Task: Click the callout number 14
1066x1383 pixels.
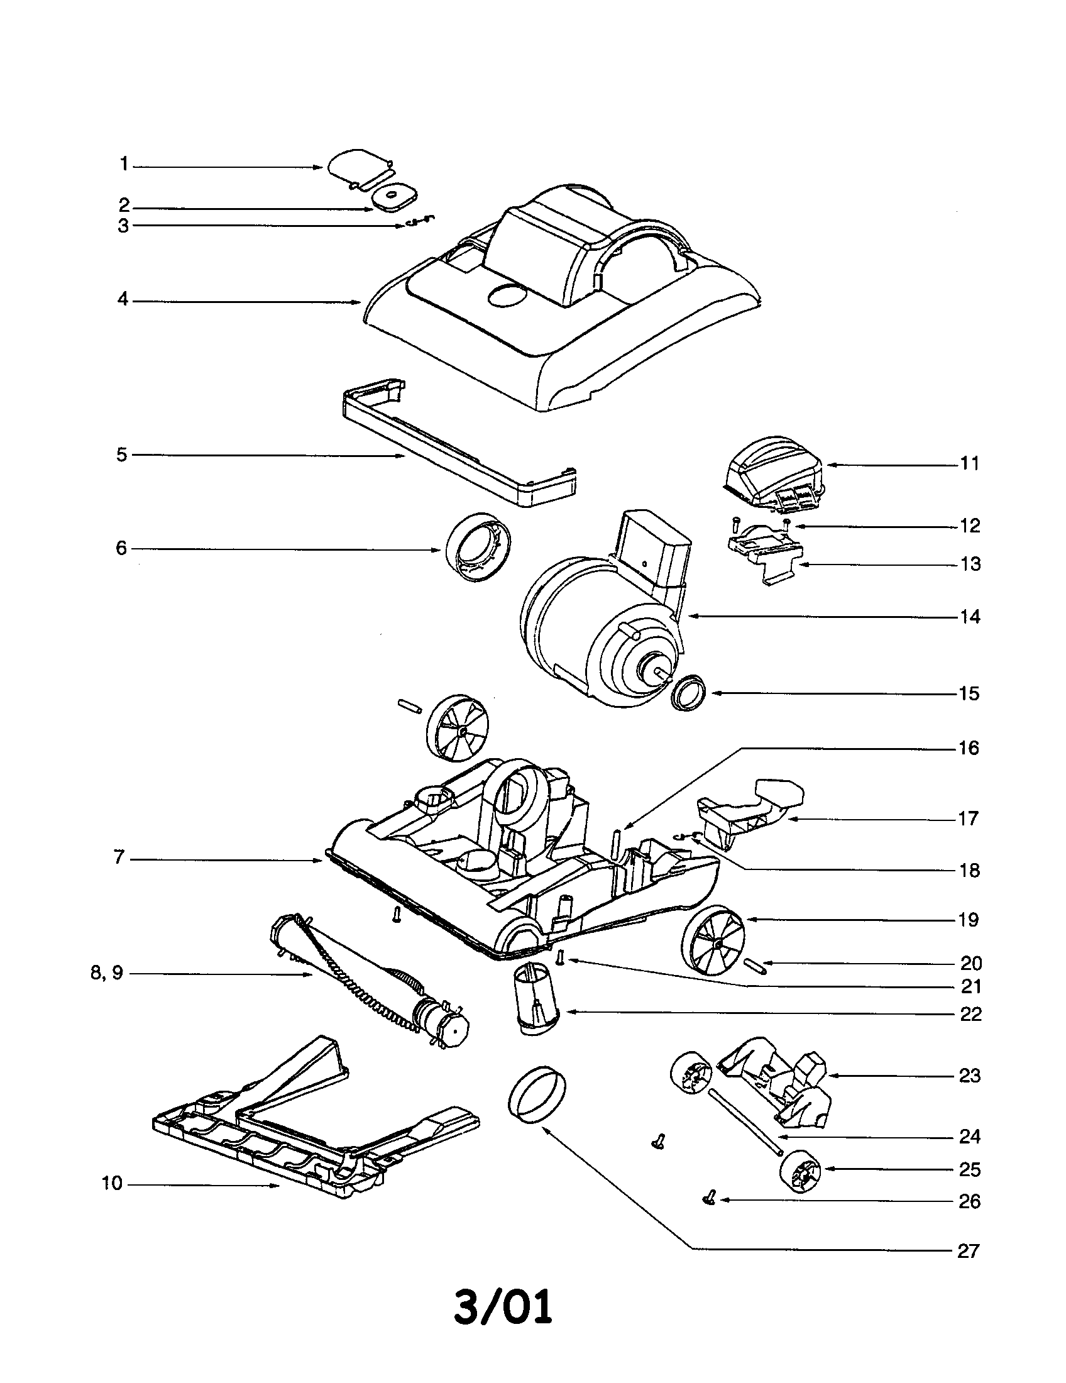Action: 970,617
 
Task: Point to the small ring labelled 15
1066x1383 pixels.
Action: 688,692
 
